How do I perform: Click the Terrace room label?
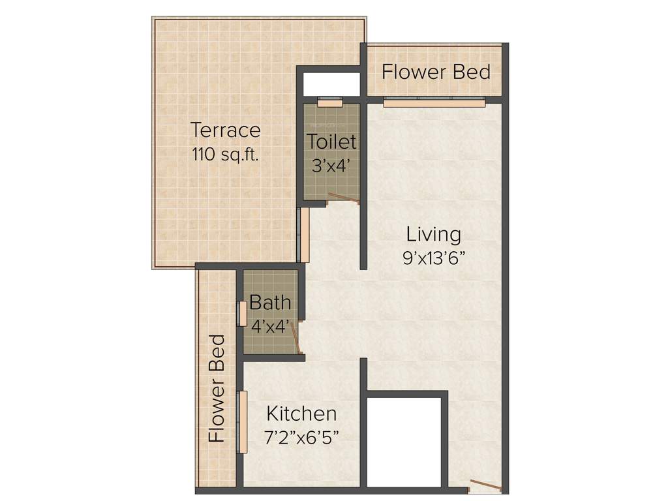tap(226, 130)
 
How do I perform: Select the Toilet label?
tap(332, 141)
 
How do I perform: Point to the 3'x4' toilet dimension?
tap(332, 166)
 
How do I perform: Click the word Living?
tap(434, 234)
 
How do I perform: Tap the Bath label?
tap(270, 303)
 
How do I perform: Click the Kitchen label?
tap(302, 414)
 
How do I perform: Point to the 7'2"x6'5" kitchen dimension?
tap(302, 437)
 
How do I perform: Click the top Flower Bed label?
tap(436, 72)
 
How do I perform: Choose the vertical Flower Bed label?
tap(217, 389)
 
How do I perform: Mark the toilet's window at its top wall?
tap(330, 103)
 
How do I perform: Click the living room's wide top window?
tap(434, 102)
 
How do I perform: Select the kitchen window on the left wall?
tap(242, 422)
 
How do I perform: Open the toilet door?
tap(344, 199)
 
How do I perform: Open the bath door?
tap(296, 339)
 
